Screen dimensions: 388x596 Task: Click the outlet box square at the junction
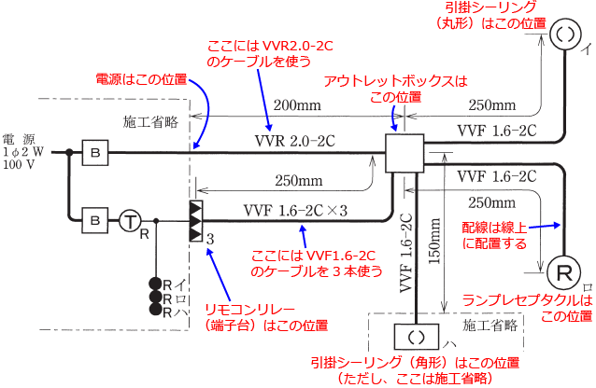tap(404, 152)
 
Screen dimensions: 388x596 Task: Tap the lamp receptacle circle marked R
tap(565, 271)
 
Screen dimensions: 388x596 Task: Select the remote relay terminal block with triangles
tap(194, 220)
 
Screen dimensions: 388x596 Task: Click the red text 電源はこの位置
tap(141, 80)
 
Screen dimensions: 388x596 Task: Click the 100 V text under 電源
tap(20, 164)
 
